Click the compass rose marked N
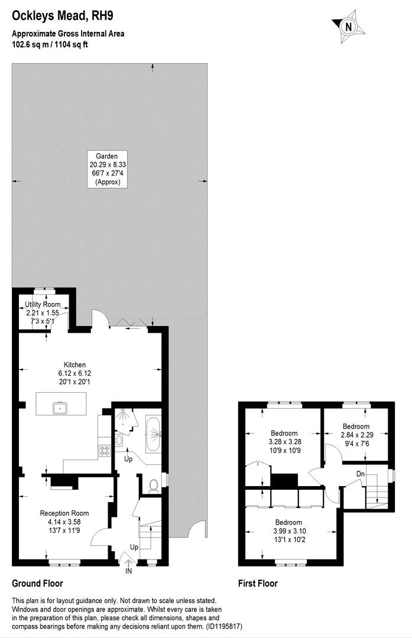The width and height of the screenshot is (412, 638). [x=348, y=26]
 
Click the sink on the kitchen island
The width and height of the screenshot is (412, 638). [x=60, y=407]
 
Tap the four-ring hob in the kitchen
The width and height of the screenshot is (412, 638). [x=105, y=451]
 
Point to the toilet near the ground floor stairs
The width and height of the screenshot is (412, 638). [x=154, y=484]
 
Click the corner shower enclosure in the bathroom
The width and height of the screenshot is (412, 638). [x=124, y=418]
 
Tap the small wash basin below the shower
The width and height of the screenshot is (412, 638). [x=119, y=440]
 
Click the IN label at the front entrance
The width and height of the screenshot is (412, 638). [x=129, y=571]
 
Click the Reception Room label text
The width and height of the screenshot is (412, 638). [x=64, y=513]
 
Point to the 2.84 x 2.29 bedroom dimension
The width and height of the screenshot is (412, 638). [x=356, y=435]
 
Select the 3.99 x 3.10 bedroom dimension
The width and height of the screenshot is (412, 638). [x=288, y=531]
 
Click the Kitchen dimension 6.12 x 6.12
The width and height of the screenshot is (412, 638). [x=74, y=373]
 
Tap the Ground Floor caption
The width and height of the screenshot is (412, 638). [x=37, y=583]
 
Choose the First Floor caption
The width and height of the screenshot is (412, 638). [x=258, y=583]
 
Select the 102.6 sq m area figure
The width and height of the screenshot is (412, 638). [x=30, y=44]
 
